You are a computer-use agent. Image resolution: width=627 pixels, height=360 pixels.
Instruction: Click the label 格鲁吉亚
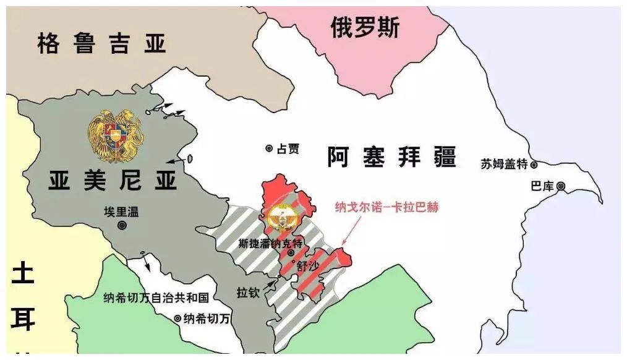(102, 44)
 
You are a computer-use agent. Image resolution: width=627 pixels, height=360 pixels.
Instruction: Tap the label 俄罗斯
(365, 27)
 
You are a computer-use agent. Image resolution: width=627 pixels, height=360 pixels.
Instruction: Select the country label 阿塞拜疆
(392, 157)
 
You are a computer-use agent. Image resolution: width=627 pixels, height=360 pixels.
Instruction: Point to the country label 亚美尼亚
(113, 180)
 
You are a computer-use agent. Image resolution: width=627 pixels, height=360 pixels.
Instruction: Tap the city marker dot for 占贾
(269, 148)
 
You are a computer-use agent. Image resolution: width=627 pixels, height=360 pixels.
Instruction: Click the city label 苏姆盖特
(505, 164)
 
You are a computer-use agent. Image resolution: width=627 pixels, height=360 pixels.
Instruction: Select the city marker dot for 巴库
(561, 186)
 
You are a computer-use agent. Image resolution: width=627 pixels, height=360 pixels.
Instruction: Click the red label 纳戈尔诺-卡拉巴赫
(386, 208)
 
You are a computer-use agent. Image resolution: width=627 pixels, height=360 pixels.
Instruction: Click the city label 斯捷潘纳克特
(270, 243)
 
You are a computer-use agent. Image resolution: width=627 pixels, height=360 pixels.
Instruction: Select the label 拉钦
(247, 291)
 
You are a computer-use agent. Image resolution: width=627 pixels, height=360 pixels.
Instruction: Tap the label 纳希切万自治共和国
(156, 298)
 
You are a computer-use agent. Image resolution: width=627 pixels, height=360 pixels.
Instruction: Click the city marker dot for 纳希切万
(177, 319)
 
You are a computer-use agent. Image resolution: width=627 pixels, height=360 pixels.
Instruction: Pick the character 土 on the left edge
(23, 273)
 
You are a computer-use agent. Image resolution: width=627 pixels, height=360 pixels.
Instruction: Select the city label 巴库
(542, 186)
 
